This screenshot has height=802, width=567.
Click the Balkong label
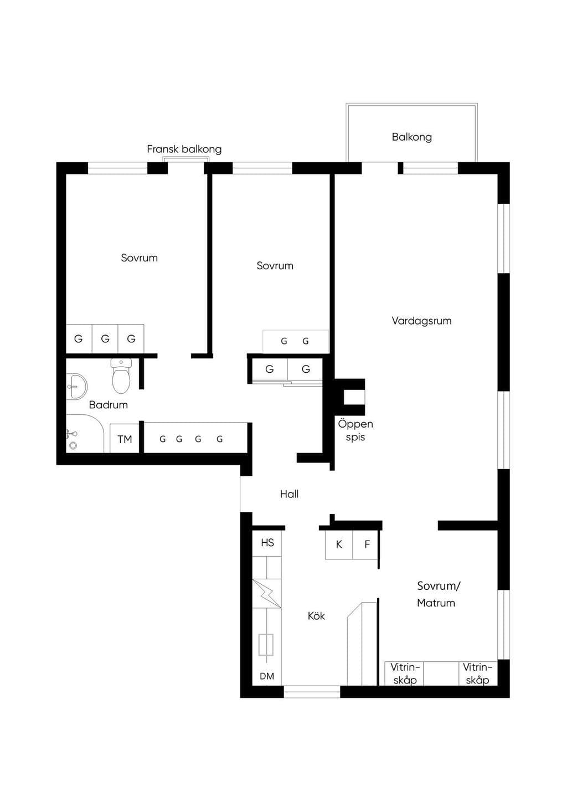(411, 137)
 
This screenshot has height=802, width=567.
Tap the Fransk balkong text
(184, 149)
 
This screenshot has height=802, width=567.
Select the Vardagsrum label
(422, 321)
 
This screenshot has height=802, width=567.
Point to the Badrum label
(108, 405)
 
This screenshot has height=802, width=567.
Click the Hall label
(289, 495)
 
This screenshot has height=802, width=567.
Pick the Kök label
(316, 616)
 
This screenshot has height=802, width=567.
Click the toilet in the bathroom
(121, 376)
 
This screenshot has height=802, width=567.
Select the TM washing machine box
(125, 439)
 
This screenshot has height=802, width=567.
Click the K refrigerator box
(339, 544)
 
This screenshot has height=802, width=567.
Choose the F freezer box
(365, 544)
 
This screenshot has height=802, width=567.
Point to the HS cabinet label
(267, 543)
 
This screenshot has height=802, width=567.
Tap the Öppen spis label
(355, 430)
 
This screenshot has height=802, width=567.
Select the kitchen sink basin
(266, 645)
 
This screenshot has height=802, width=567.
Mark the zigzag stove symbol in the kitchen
(267, 593)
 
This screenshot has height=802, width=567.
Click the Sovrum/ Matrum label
(438, 594)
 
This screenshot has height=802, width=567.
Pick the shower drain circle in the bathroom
(74, 445)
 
